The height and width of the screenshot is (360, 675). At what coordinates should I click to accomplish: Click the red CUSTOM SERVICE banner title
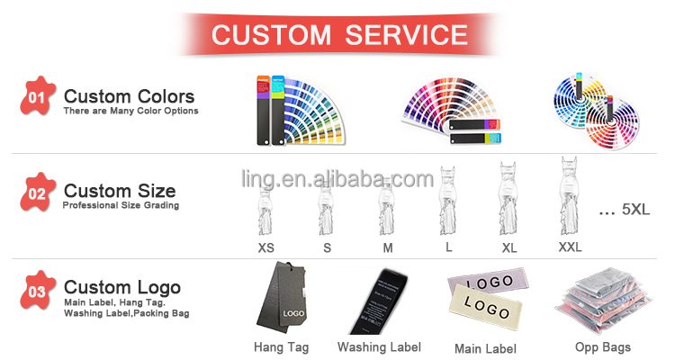[x=338, y=35]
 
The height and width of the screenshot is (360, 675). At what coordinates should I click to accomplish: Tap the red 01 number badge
[x=37, y=97]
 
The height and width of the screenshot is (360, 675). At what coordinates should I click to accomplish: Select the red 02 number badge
[x=37, y=193]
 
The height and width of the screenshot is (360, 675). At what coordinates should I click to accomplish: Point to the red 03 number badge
[x=37, y=291]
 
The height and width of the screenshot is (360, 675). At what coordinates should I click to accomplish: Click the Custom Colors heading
[x=129, y=96]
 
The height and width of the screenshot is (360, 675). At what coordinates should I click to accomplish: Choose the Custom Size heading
[x=120, y=191]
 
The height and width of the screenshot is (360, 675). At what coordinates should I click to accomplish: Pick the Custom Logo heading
[x=122, y=288]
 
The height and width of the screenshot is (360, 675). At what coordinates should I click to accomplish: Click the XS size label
[x=266, y=247]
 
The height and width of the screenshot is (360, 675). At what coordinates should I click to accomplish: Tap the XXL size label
[x=570, y=247]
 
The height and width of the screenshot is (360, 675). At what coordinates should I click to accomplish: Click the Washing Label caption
[x=378, y=346]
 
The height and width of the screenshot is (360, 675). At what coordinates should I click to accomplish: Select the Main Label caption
[x=485, y=347]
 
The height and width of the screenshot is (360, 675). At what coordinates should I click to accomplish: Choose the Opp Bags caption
[x=602, y=346]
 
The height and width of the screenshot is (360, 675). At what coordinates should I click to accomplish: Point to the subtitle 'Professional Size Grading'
[x=121, y=206]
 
